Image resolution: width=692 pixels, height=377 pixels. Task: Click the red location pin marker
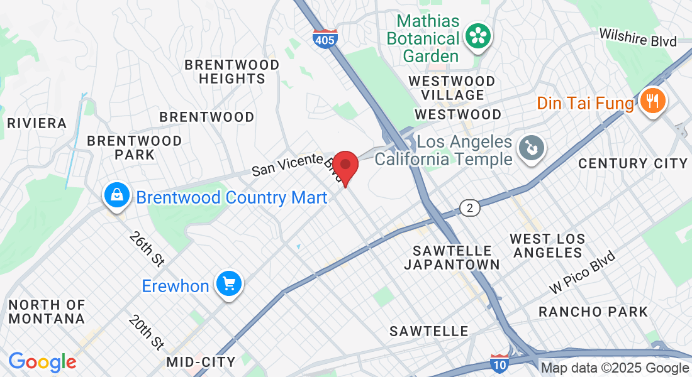pos(345,167)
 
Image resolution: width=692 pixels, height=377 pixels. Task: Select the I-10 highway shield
pos(499,363)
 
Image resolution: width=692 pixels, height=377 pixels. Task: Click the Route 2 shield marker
pos(469,207)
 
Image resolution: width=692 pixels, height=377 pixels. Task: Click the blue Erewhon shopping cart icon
pos(228,285)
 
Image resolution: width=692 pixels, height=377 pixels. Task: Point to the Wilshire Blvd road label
pos(638,37)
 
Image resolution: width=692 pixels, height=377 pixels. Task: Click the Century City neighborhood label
pos(633,163)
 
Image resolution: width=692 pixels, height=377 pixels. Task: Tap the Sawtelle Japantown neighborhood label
pos(452,257)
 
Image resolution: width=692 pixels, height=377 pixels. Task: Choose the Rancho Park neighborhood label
pos(593,312)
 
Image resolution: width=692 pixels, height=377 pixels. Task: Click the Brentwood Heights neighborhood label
pos(232,72)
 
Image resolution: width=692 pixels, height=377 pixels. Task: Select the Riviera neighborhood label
pos(36,123)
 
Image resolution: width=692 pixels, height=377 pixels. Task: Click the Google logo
pos(42,362)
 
